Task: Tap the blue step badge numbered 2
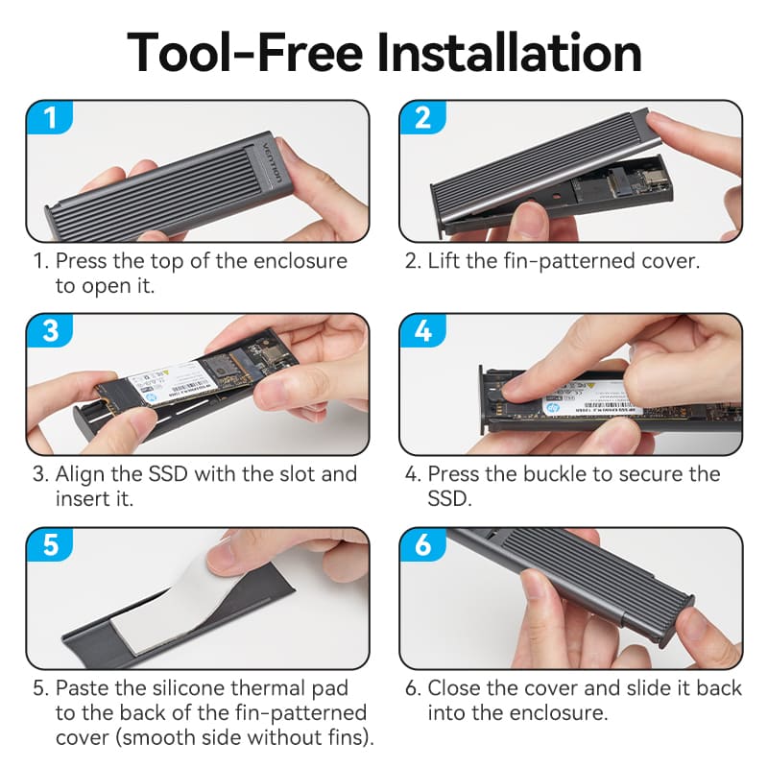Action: [x=423, y=119]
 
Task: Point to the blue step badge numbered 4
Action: [x=423, y=332]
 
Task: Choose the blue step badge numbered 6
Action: [x=423, y=545]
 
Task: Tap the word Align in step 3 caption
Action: [x=82, y=474]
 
